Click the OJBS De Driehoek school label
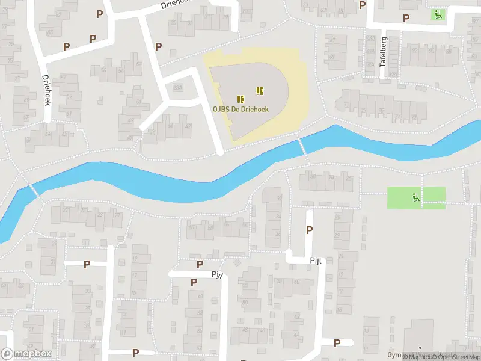[240, 109]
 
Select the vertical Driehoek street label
[46, 90]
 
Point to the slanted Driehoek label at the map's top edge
[176, 4]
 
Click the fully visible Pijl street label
[316, 261]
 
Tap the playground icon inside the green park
[415, 196]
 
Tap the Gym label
[412, 356]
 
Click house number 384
[177, 88]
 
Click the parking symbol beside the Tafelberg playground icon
[406, 19]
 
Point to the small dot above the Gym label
[420, 348]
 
